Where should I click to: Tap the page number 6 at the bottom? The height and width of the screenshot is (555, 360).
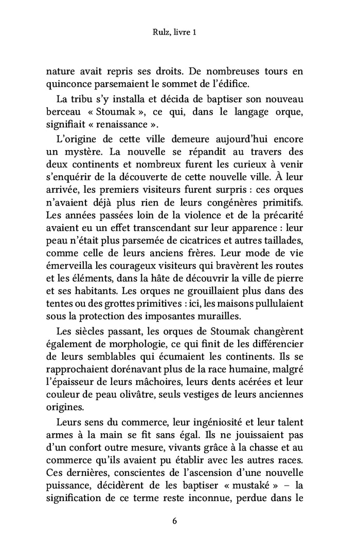point(174,521)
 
